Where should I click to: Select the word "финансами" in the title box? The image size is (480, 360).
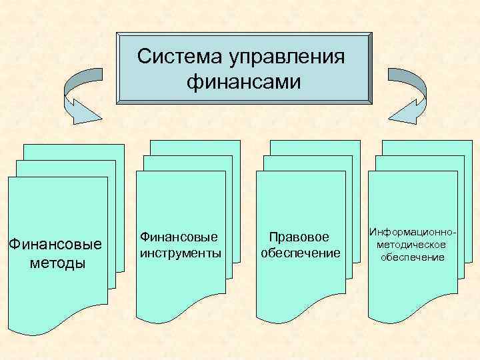(244, 83)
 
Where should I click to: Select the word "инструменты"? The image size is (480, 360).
(180, 254)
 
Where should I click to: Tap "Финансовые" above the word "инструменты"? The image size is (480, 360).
(179, 237)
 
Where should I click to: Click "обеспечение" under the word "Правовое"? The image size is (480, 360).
(301, 254)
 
